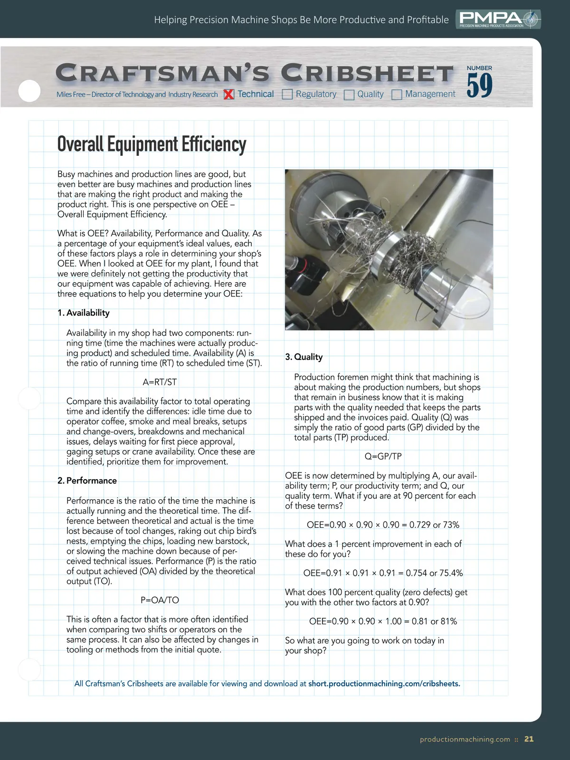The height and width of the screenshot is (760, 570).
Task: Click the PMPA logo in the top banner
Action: [x=498, y=19]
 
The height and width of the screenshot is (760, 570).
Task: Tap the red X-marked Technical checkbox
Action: [x=229, y=95]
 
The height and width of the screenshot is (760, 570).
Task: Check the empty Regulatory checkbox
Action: [x=287, y=95]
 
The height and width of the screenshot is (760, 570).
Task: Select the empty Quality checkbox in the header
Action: [x=349, y=95]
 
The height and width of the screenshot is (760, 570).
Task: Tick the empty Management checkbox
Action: [x=397, y=95]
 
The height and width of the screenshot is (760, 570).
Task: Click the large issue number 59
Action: [x=479, y=85]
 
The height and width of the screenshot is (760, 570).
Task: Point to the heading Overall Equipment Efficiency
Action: [x=152, y=144]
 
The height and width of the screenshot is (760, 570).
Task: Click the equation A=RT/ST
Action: [x=160, y=382]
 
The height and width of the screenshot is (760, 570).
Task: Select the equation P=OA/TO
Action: [x=160, y=600]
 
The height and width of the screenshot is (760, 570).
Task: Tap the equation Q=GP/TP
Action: [x=383, y=456]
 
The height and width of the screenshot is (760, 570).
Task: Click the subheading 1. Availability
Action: [x=84, y=313]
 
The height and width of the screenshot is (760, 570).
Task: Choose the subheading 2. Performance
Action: [x=87, y=480]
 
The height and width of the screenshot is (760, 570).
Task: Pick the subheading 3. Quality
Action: [x=304, y=357]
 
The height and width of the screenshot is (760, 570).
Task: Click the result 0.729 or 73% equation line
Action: [x=383, y=525]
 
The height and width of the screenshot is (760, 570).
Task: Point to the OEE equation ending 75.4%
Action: [x=383, y=573]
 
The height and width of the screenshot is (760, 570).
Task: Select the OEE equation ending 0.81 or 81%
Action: [x=383, y=621]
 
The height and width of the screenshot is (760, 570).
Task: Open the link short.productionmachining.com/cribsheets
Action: [x=384, y=684]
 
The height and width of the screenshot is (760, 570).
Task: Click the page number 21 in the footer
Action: [x=529, y=739]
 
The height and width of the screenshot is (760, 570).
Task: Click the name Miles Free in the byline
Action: [x=71, y=95]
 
